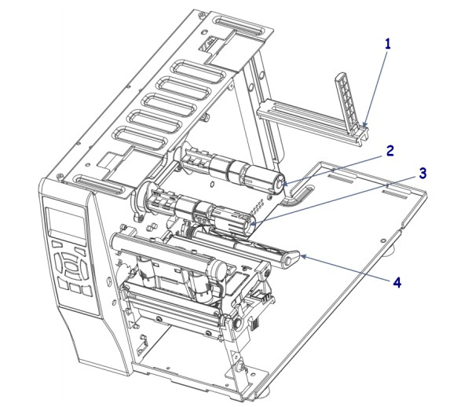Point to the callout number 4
397,281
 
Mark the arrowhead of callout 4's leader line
301,257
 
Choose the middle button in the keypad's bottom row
75,289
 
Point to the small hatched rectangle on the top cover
208,48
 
